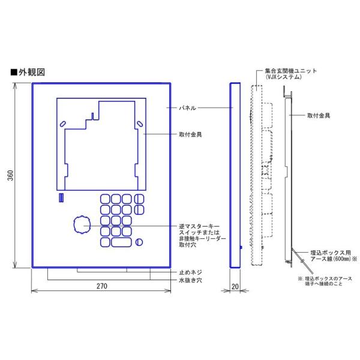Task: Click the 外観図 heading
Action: [32, 73]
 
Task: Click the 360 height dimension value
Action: [11, 175]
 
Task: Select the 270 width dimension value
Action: [102, 286]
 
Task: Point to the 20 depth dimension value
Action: [235, 287]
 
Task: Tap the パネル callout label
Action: [187, 108]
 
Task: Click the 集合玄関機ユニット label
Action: [290, 71]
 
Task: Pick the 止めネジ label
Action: [190, 272]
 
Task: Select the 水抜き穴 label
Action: [190, 280]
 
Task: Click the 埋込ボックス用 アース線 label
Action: [334, 256]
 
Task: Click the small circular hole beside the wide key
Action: [139, 242]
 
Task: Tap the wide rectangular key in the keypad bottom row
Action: [121, 242]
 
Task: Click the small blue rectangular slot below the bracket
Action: [61, 197]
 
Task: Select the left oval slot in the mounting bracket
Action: [62, 124]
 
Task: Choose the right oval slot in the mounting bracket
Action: [140, 124]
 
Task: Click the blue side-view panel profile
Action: [235, 175]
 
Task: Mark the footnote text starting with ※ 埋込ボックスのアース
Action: [325, 281]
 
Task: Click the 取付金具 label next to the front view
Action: [190, 134]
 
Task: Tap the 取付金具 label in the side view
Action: [319, 116]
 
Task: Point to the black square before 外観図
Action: [14, 73]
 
